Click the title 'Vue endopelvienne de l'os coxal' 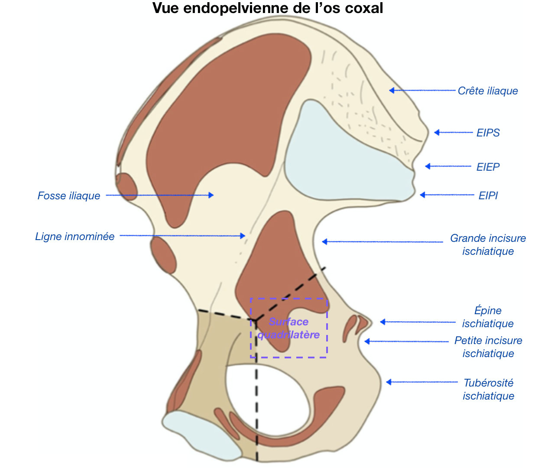point(268,8)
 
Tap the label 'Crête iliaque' point(488,91)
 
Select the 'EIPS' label point(488,133)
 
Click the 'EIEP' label point(488,167)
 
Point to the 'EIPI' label point(488,195)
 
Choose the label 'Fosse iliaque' point(69,196)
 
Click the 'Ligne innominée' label point(75,237)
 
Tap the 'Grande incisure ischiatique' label point(488,245)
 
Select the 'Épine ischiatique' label point(488,317)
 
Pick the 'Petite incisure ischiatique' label point(488,347)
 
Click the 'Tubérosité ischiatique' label point(488,389)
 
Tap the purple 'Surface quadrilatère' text point(288,328)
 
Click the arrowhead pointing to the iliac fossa point(211,195)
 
